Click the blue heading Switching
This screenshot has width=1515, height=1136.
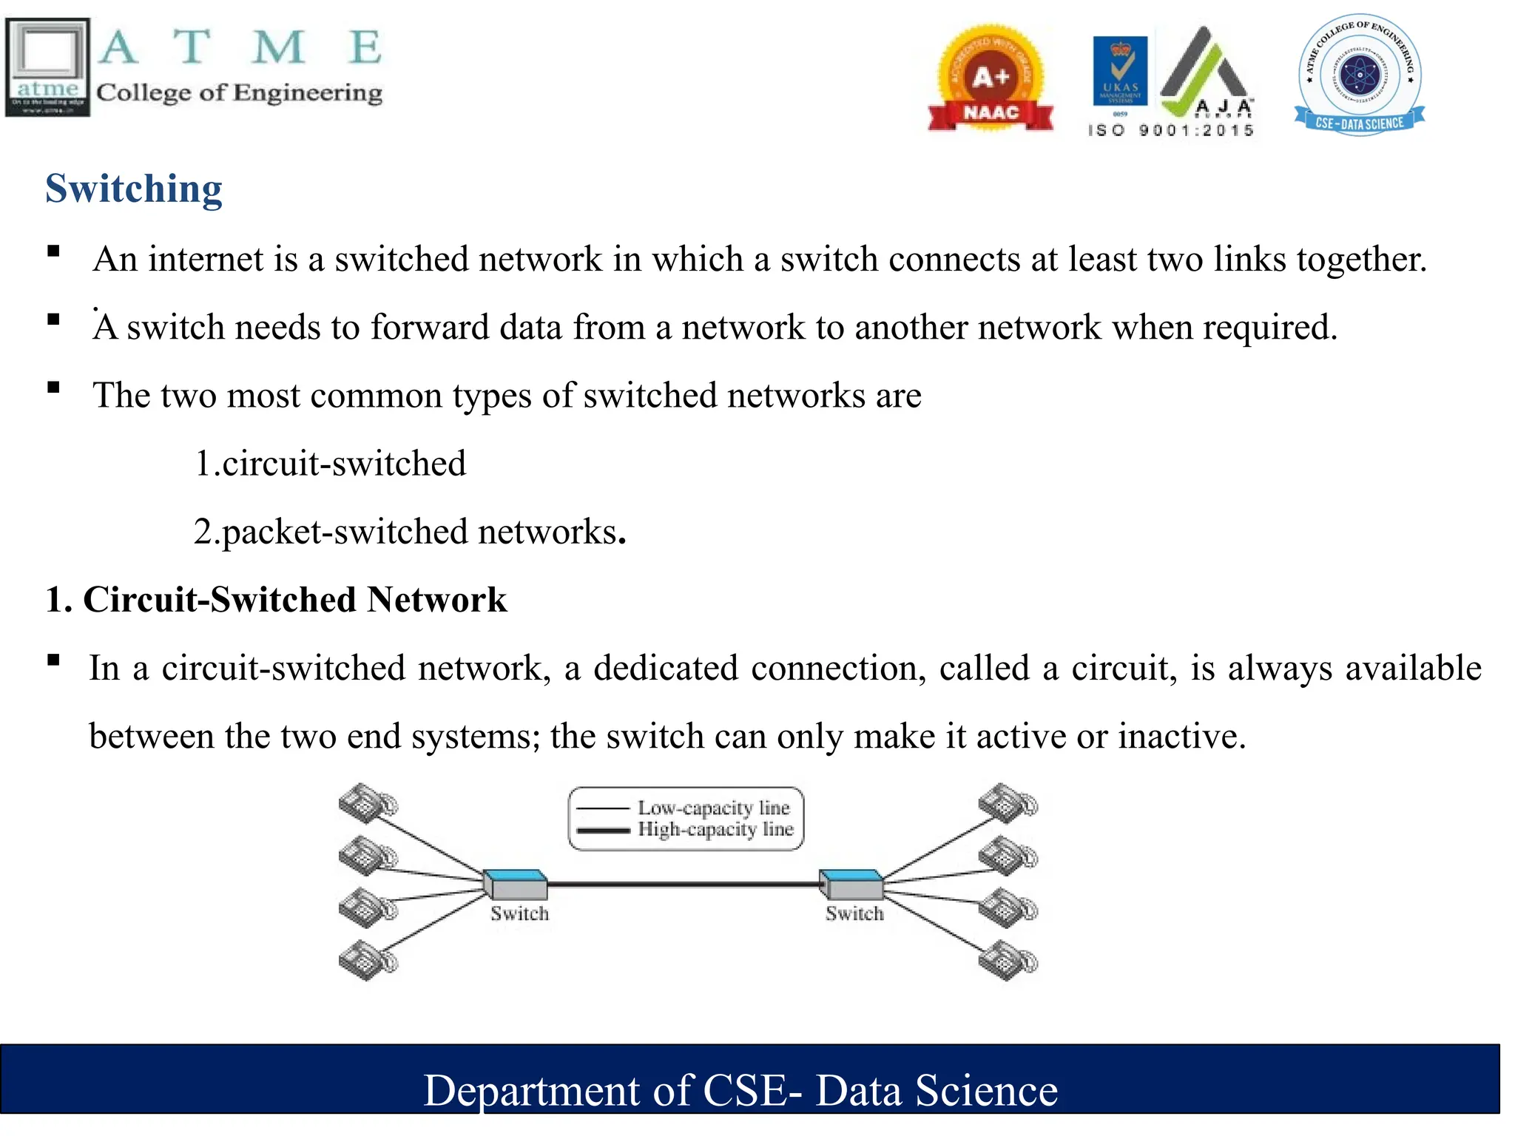(x=133, y=189)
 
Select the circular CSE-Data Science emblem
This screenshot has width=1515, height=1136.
(x=1360, y=74)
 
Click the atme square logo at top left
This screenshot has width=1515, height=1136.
(x=47, y=67)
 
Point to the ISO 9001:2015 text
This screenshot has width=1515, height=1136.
(x=1170, y=131)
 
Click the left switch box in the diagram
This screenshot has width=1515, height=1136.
(x=516, y=884)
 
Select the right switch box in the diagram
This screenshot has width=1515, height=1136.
(x=852, y=884)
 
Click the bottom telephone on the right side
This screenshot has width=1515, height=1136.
(x=1008, y=961)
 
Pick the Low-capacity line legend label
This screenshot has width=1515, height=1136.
(x=714, y=808)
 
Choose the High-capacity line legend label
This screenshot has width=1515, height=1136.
(x=715, y=829)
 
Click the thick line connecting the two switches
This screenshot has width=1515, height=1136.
(x=684, y=884)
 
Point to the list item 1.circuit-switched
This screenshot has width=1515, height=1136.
(x=330, y=464)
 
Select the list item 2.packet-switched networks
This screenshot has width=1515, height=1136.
(x=409, y=532)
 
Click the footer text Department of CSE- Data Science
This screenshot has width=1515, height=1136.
(x=740, y=1090)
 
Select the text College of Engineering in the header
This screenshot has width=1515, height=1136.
(x=239, y=93)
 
